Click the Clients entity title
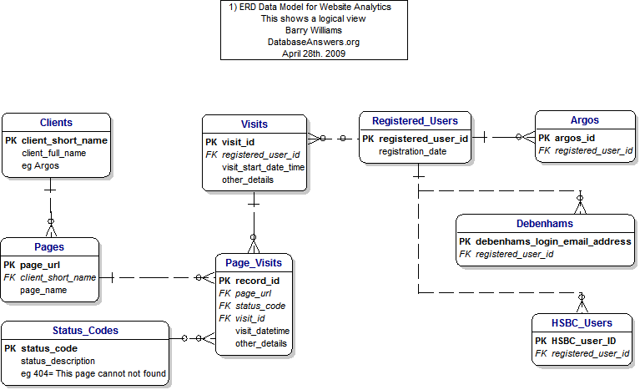coord(56,123)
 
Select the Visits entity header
coord(254,124)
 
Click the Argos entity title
coord(584,120)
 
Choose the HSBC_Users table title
coord(582,322)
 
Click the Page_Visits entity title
coord(254,263)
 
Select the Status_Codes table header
coord(85,330)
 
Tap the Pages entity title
coord(50,246)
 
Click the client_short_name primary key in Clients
coord(64,140)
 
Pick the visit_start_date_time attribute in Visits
coord(263,167)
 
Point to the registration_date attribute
coord(412,151)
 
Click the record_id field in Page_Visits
coord(257,281)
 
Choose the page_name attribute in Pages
coord(44,290)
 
